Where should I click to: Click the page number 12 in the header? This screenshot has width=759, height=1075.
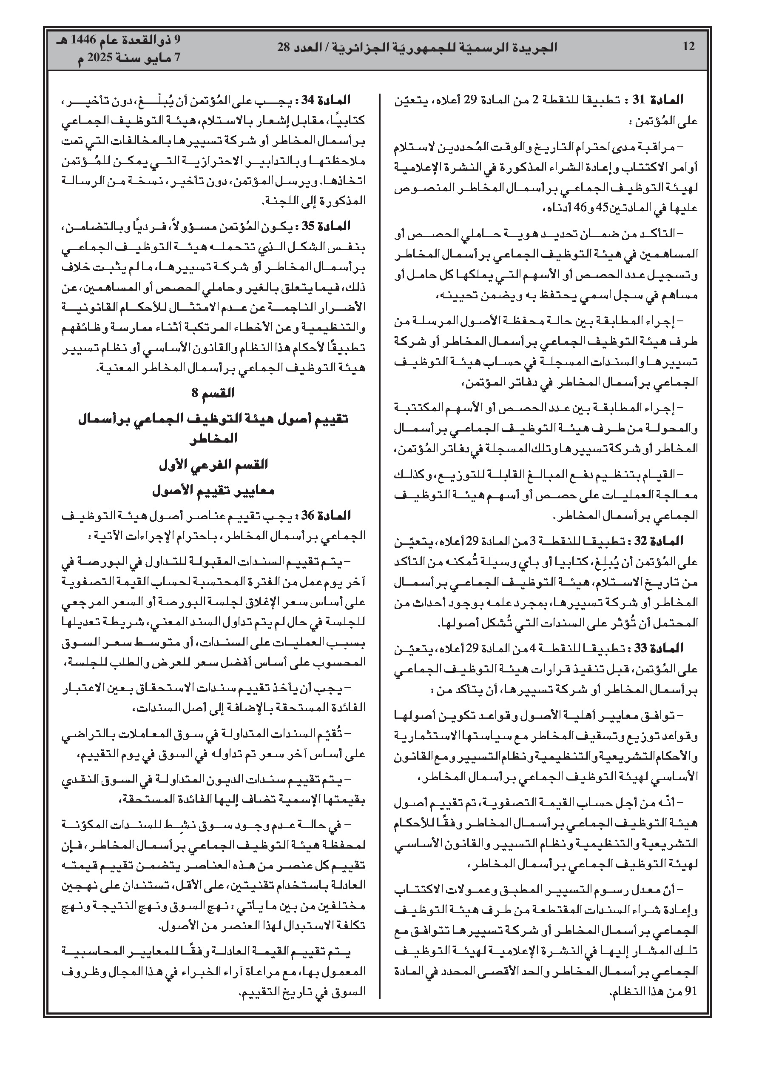click(689, 47)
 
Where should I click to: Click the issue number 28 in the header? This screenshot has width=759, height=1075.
click(284, 47)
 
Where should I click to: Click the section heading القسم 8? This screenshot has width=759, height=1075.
click(213, 393)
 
